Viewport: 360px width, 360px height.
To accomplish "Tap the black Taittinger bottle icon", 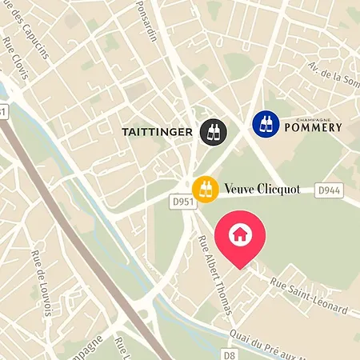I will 214,131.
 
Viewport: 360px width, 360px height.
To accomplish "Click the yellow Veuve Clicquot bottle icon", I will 206,189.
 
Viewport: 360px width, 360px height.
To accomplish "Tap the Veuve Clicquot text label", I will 263,189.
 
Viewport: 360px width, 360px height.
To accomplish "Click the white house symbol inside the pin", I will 238,234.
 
